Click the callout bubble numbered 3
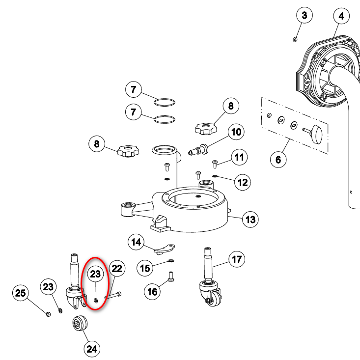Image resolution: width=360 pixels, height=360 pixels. [x=305, y=16]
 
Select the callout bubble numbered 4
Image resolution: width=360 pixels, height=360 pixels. [x=341, y=16]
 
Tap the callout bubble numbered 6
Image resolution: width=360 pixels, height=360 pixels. [x=278, y=160]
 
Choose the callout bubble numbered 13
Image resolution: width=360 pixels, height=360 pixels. [x=251, y=219]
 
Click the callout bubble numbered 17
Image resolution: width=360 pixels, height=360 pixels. [x=237, y=259]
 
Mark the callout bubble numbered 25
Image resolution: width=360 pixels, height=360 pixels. [x=20, y=294]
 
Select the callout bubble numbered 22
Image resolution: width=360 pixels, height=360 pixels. [x=116, y=268]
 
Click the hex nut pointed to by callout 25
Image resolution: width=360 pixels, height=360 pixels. [x=48, y=313]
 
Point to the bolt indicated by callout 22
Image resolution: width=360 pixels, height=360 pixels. [x=114, y=295]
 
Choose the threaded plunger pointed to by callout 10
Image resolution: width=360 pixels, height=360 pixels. [x=198, y=148]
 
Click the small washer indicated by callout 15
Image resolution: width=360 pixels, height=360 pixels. [x=170, y=260]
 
